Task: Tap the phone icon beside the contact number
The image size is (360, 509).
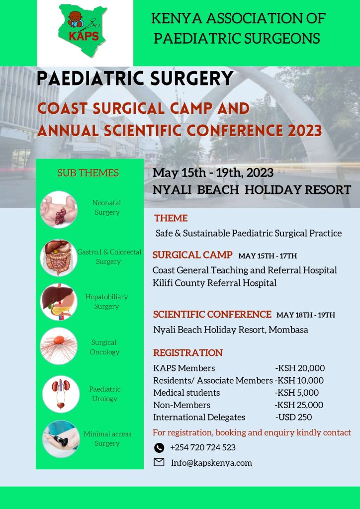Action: point(159,448)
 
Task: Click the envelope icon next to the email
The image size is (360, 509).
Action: point(159,462)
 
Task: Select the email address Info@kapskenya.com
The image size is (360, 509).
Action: point(211,463)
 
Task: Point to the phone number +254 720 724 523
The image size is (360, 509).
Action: point(203,448)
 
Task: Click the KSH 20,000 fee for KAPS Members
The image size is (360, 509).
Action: point(300,368)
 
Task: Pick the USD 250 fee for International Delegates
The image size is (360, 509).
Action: point(293,417)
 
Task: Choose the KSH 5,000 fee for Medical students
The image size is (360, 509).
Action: point(297,393)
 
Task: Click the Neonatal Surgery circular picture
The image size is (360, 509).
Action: point(59,210)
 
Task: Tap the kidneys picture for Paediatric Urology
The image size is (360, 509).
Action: point(61,394)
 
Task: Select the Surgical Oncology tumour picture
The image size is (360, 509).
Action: point(59,346)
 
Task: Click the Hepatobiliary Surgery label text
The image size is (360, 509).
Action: point(106,302)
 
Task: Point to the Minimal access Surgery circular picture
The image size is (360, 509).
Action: point(61,439)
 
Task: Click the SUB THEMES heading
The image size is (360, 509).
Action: point(88,173)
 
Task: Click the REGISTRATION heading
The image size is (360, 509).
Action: point(188,353)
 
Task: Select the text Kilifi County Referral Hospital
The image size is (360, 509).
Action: point(215,283)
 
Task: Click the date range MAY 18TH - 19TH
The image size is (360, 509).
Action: point(306,315)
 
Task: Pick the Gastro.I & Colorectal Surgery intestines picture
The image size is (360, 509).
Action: point(59,258)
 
